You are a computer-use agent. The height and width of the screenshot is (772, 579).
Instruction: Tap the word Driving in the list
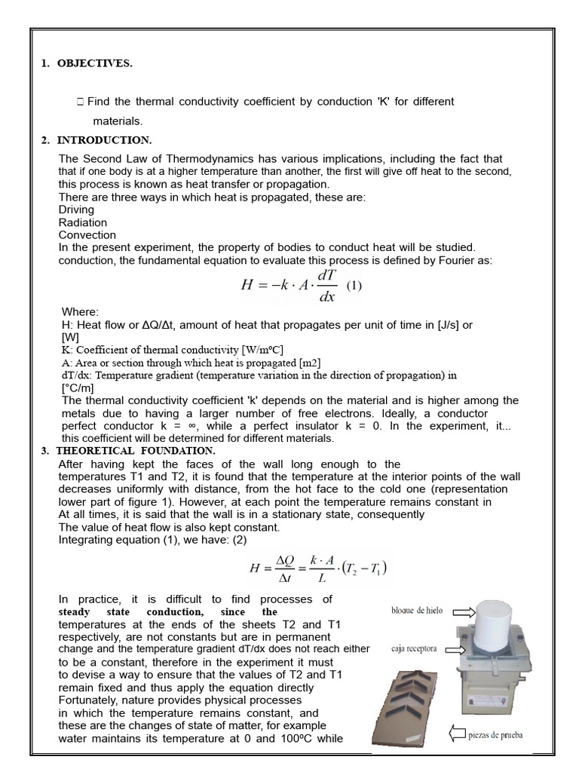[x=76, y=210]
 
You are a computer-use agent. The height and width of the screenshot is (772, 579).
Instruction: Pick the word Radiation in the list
[x=83, y=222]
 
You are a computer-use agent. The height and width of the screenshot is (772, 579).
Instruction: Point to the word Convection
[x=87, y=235]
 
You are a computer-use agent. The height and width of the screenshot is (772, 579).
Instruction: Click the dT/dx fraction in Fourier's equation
[x=326, y=286]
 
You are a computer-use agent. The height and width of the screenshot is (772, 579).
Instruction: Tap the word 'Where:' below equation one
[x=80, y=312]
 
